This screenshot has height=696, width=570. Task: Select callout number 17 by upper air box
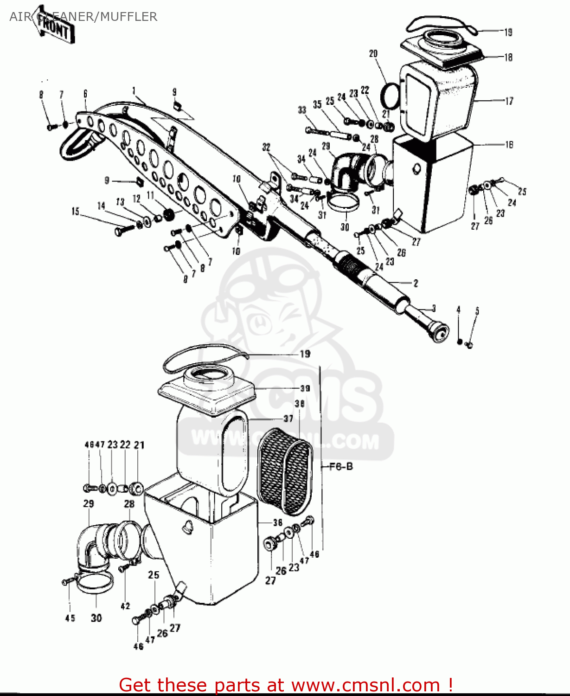pos(509,101)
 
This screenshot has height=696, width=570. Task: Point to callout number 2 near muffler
pos(416,283)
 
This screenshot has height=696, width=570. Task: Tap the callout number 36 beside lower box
pos(277,522)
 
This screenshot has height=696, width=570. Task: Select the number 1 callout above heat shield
pos(134,90)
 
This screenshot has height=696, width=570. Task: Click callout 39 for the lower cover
pos(305,388)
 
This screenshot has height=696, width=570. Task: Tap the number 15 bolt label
pos(75,211)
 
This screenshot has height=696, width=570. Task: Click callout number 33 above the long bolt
pos(302,110)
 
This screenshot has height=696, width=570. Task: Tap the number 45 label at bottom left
pos(70,618)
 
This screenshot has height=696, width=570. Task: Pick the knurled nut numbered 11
pos(169,214)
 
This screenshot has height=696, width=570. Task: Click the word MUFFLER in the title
pos(128,17)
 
